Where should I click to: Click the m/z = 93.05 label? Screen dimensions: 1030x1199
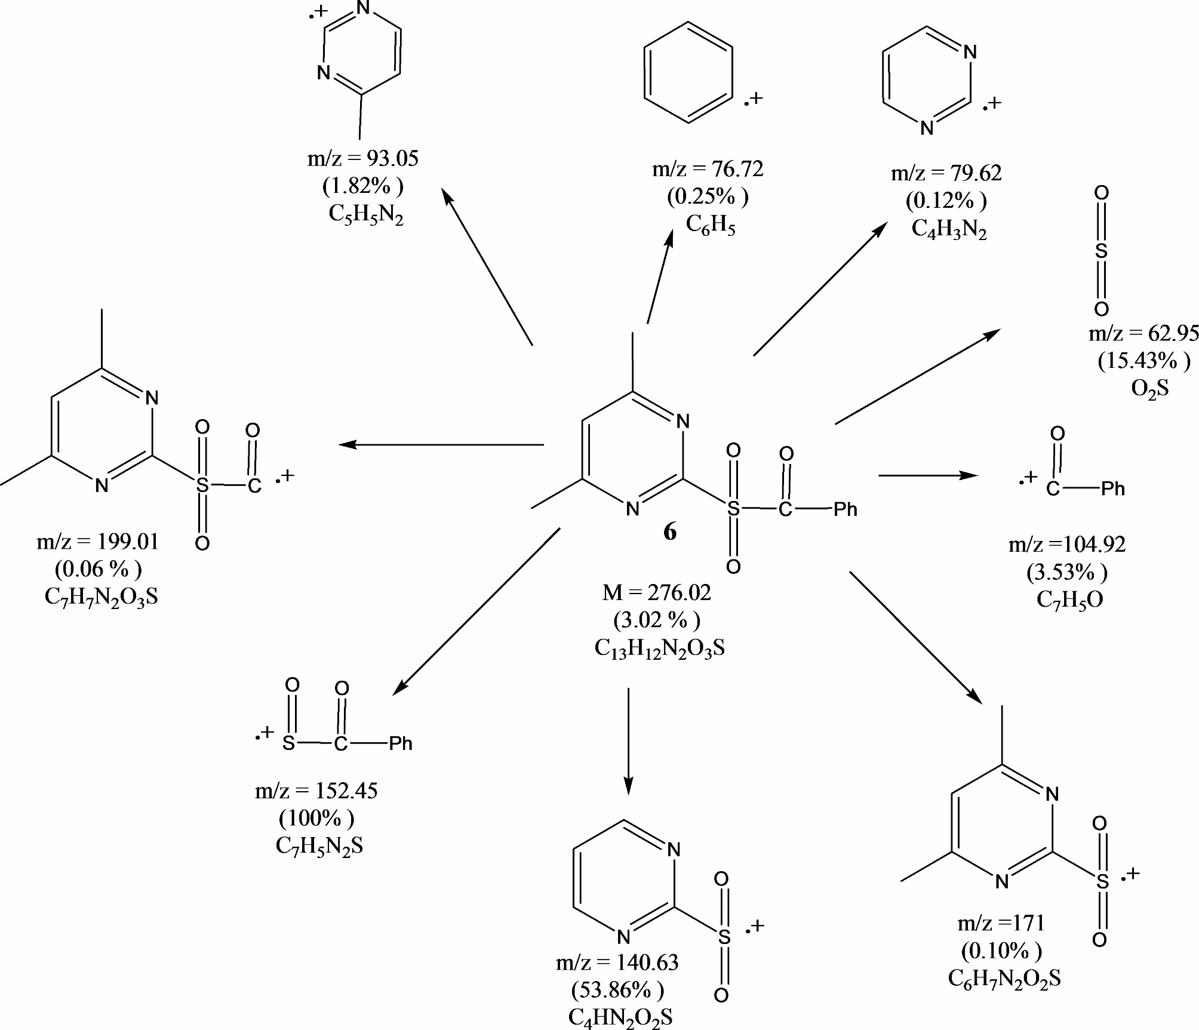pos(362,159)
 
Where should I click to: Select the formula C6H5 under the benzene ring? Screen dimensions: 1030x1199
pos(710,225)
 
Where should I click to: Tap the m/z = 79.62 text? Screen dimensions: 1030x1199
pos(946,173)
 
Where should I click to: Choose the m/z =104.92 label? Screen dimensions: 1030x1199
pos(1067,545)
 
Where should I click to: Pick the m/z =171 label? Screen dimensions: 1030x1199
pos(1001,923)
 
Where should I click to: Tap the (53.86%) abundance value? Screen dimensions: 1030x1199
pos(617,991)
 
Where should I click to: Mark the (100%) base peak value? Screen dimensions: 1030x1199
pos(316,818)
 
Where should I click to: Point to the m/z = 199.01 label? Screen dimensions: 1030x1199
pos(98,542)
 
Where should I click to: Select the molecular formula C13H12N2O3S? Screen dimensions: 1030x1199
pos(659,648)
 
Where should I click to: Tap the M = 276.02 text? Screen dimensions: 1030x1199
pos(657,593)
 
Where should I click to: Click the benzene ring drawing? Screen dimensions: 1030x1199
pos(688,73)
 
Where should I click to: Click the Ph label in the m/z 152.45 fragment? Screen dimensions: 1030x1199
pos(401,743)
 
